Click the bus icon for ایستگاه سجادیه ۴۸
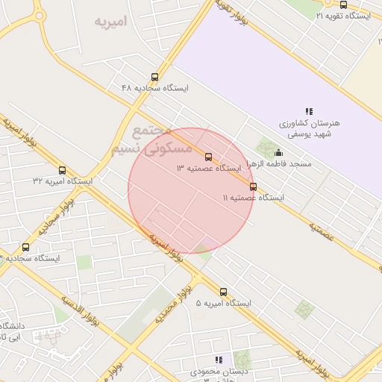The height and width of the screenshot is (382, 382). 155,76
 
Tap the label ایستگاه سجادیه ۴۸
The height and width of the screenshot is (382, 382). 155,88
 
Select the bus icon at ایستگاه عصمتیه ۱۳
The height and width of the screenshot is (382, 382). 208,157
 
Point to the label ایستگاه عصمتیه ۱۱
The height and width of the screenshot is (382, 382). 253,198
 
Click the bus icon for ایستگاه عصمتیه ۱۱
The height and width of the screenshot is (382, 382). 253,187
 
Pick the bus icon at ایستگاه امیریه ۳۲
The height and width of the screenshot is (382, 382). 62,170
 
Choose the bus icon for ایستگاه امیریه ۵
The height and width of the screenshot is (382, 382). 223,292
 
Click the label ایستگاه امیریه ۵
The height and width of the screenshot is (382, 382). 223,304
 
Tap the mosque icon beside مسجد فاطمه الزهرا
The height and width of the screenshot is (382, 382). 279,153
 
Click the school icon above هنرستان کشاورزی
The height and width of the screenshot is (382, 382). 309,111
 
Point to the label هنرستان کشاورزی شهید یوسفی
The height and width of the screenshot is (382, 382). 309,128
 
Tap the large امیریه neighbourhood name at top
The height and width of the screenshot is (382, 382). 111,21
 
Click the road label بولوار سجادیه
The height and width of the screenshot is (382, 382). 57,216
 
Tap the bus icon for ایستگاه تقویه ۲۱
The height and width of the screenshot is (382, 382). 343,4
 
